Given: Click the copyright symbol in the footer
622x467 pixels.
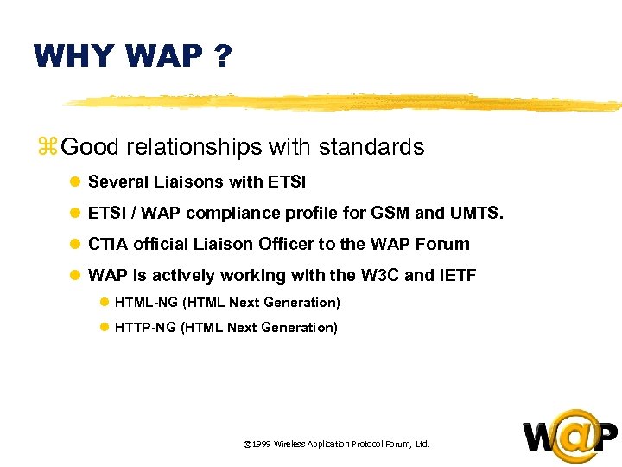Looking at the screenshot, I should pyautogui.click(x=247, y=444).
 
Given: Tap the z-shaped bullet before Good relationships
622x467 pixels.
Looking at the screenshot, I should pyautogui.click(x=47, y=147).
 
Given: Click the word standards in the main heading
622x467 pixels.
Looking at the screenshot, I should pyautogui.click(x=371, y=147).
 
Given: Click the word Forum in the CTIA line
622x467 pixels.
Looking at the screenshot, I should pyautogui.click(x=442, y=245).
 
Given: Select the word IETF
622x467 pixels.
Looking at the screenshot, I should pyautogui.click(x=457, y=276).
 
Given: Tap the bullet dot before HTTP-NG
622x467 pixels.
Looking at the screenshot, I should pyautogui.click(x=105, y=328).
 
